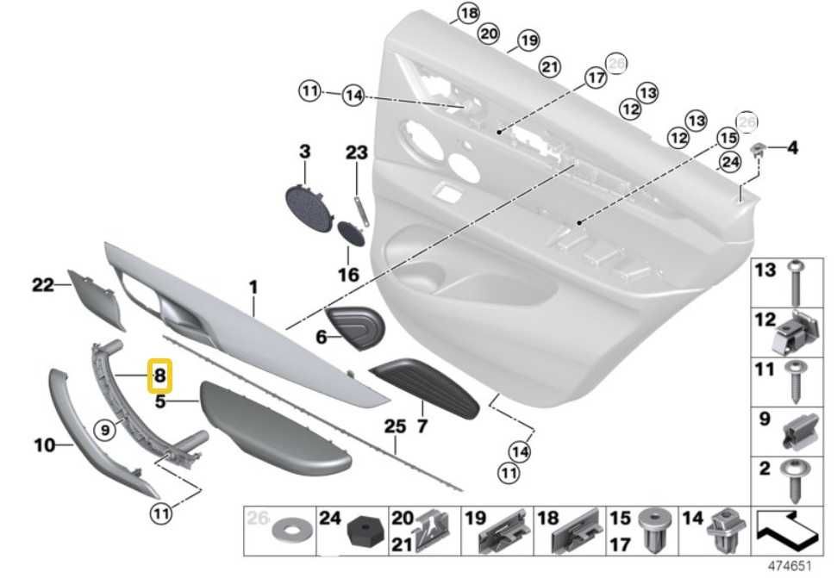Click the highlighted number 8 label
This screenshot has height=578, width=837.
click(161, 376)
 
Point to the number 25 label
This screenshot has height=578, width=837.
click(394, 426)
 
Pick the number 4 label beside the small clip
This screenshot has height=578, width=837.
click(792, 147)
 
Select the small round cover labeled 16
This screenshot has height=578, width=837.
click(351, 232)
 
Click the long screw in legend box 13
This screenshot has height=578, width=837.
click(793, 283)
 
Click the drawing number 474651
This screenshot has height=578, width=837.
click(790, 567)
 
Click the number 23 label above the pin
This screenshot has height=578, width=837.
click(357, 153)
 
